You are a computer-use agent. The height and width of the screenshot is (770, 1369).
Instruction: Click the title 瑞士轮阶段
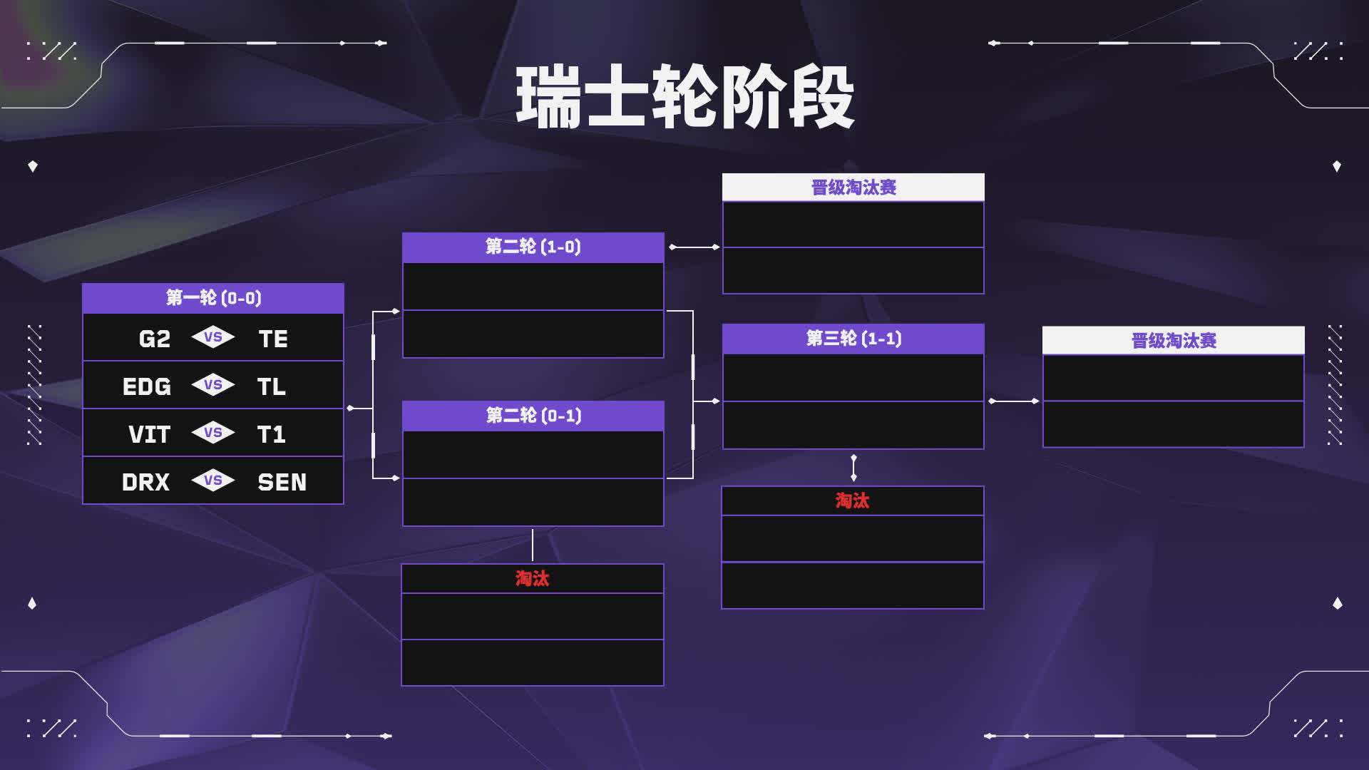tap(684, 97)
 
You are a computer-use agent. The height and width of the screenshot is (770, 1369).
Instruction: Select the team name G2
tap(155, 339)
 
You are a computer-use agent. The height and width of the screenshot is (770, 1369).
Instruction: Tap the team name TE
tap(273, 339)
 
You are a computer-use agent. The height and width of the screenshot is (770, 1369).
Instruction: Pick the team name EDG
tap(147, 386)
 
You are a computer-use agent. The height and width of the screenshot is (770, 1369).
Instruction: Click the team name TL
tap(271, 386)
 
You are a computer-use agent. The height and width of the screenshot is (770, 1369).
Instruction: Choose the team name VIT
tap(150, 434)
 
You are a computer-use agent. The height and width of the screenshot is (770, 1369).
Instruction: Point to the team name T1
tap(271, 434)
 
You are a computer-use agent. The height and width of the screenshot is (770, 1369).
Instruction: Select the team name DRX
tap(146, 482)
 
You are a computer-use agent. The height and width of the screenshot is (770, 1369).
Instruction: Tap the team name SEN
tap(282, 482)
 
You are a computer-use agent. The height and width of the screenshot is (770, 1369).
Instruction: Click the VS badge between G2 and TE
tap(213, 337)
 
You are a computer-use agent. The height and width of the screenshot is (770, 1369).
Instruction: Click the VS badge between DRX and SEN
tap(213, 481)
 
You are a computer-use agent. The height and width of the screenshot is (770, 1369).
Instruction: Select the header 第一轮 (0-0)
tap(213, 298)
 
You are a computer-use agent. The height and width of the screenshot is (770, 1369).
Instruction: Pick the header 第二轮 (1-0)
tap(533, 247)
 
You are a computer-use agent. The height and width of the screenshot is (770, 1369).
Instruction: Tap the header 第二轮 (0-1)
tap(533, 416)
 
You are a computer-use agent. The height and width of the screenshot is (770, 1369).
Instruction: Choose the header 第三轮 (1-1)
tap(853, 339)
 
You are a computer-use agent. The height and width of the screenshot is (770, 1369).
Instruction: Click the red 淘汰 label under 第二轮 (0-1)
tap(533, 578)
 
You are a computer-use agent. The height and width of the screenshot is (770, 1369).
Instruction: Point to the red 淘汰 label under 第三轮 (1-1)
tap(853, 500)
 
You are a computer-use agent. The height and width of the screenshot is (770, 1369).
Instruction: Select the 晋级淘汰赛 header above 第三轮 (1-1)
tap(853, 188)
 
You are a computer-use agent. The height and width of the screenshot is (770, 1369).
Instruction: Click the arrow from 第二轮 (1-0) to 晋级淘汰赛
tap(694, 247)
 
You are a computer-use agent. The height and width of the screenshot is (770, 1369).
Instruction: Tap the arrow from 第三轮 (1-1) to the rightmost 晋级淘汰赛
tap(1013, 401)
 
